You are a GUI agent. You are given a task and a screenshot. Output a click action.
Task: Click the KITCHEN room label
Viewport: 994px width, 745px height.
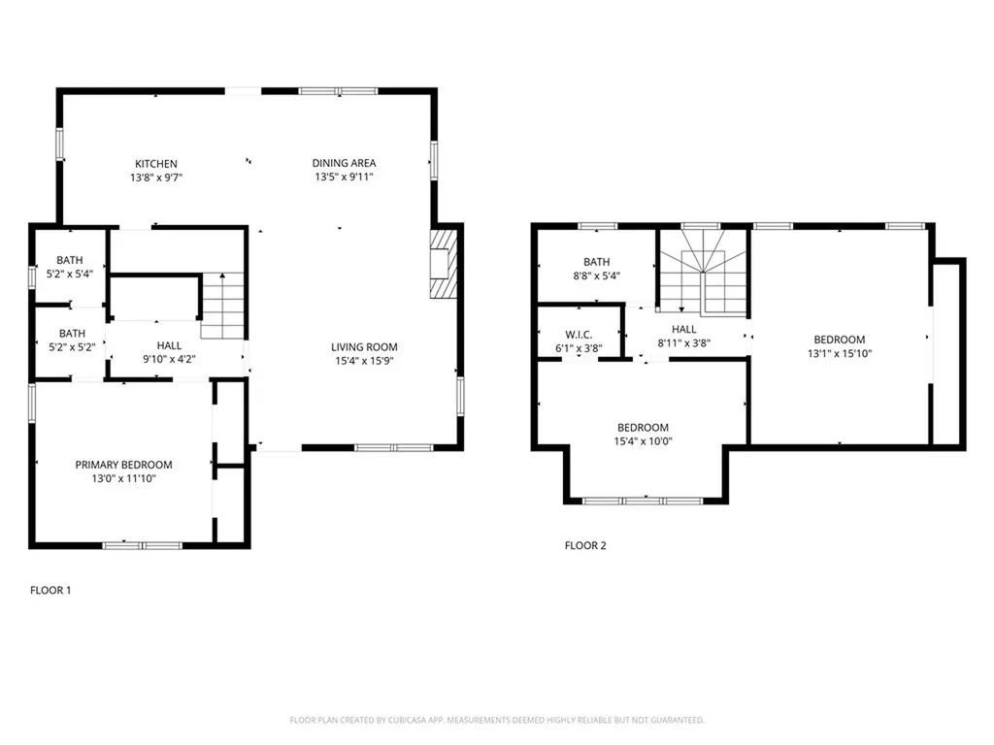[x=156, y=163]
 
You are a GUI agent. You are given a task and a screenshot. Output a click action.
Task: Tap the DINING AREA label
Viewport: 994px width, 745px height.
[x=345, y=163]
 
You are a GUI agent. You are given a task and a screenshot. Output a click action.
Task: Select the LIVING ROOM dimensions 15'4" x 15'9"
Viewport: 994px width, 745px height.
[x=365, y=361]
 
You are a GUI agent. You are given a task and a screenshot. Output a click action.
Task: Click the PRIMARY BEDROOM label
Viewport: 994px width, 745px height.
[x=123, y=465]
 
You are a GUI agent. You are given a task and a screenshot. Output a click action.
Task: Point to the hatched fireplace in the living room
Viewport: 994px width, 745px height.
[x=444, y=264]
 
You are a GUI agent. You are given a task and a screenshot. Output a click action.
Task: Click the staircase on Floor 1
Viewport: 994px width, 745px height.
[x=222, y=306]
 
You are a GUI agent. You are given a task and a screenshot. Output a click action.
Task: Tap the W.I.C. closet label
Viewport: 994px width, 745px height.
[x=579, y=335]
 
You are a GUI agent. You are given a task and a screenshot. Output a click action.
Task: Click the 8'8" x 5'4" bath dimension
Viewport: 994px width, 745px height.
[x=597, y=275]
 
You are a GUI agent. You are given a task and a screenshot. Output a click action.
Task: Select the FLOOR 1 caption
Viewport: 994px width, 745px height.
[x=50, y=590]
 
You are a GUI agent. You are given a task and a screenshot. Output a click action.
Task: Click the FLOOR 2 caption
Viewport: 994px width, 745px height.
[x=585, y=545]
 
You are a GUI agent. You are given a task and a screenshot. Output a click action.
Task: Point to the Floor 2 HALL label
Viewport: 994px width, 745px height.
[x=684, y=330]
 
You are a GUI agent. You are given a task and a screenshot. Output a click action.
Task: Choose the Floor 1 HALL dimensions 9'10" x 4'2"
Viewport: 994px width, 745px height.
[x=169, y=359]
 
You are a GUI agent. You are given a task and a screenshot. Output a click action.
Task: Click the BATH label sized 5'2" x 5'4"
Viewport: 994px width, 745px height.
[x=70, y=260]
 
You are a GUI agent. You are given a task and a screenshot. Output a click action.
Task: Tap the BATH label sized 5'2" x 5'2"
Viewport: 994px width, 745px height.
[x=72, y=334]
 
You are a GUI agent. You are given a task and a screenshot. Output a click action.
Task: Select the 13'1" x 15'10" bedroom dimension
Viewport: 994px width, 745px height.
[x=840, y=353]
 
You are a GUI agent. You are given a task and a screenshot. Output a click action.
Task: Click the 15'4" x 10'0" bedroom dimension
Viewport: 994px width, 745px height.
[x=644, y=441]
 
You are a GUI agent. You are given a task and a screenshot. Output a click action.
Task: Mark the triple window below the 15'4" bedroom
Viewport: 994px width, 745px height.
[x=643, y=501]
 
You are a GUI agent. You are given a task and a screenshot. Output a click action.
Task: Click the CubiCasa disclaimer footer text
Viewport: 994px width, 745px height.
[x=497, y=720]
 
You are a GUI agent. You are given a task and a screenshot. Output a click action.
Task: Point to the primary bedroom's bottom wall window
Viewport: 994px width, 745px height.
[x=143, y=545]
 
